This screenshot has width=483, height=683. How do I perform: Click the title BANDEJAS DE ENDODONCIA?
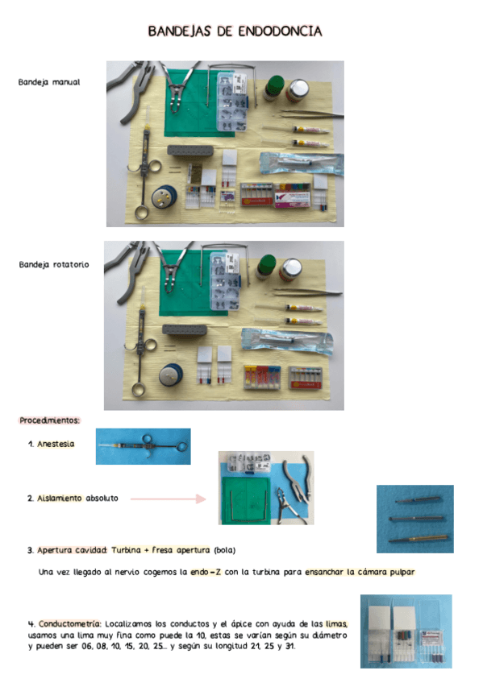pos(235,31)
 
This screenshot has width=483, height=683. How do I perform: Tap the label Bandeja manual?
pos(49,82)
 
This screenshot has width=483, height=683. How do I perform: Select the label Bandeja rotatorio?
pos(54,263)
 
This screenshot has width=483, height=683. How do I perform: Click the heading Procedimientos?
pos(50,420)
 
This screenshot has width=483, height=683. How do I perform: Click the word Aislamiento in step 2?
pos(59,498)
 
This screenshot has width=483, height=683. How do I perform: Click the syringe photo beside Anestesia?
pos(143,446)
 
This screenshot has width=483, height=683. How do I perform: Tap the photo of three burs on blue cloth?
pos(414,518)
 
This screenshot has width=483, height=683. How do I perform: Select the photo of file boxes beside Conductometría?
pos(406,631)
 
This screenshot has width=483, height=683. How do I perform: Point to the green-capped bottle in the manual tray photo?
pos(273,89)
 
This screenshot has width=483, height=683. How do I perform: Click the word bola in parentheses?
pos(224,551)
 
